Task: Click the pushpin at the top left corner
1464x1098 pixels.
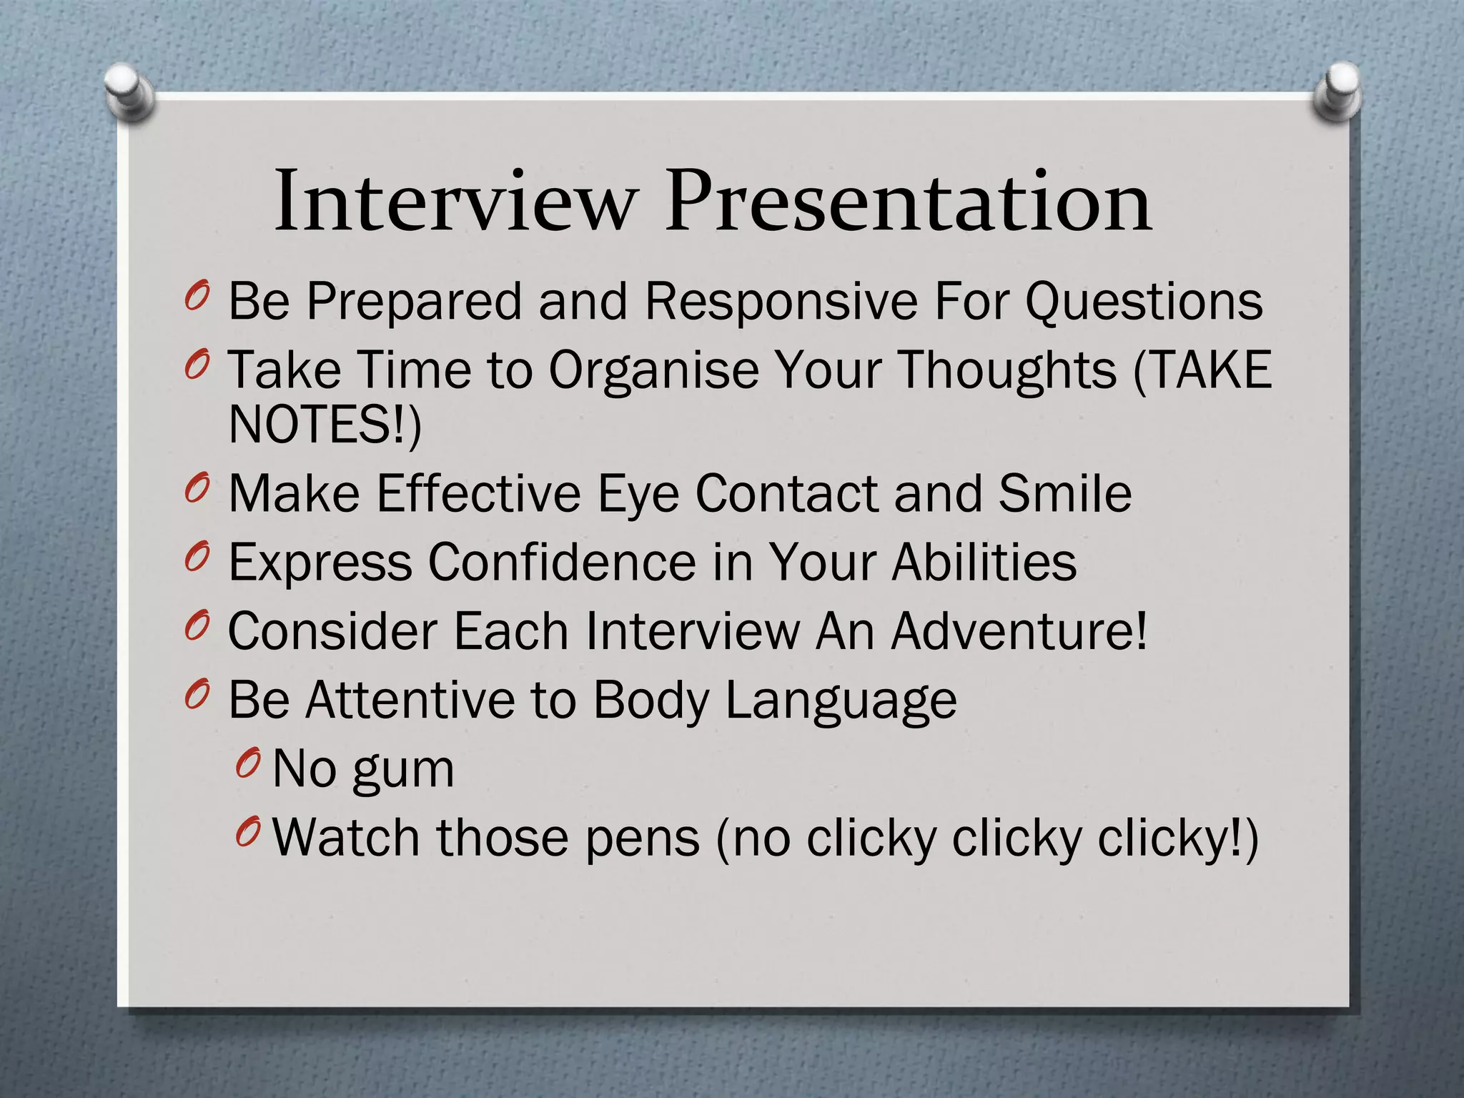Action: point(129,93)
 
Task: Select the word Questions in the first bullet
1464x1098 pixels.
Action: point(1144,302)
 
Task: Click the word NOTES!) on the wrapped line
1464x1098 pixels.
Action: point(325,425)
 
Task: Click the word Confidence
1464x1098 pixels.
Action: point(562,562)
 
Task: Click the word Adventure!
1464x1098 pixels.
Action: point(1019,630)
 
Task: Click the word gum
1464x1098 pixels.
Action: point(404,771)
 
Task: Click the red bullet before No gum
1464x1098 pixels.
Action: point(247,765)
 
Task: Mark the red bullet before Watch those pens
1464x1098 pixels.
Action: point(247,833)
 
